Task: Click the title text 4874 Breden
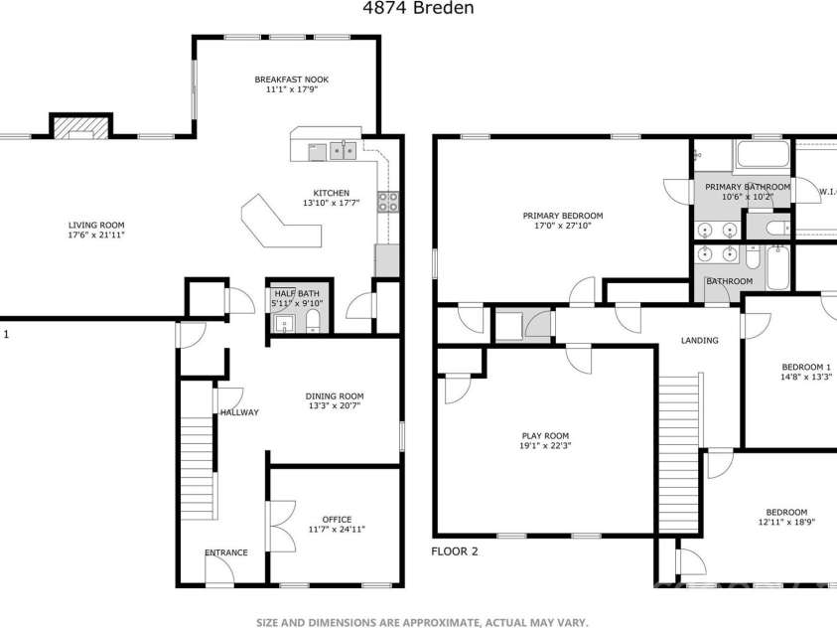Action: (x=418, y=9)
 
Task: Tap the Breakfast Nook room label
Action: (x=291, y=79)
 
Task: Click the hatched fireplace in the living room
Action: (x=80, y=127)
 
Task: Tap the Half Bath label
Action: (x=295, y=293)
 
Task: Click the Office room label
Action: (x=337, y=519)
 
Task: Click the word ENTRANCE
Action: (x=225, y=552)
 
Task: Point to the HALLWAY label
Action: (x=239, y=412)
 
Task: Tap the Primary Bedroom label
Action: (x=563, y=216)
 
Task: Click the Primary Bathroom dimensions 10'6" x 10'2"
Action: (x=748, y=197)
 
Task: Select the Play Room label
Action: (x=545, y=435)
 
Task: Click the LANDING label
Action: (x=699, y=341)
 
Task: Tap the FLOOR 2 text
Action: (x=455, y=550)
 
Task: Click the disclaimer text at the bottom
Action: (x=422, y=622)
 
